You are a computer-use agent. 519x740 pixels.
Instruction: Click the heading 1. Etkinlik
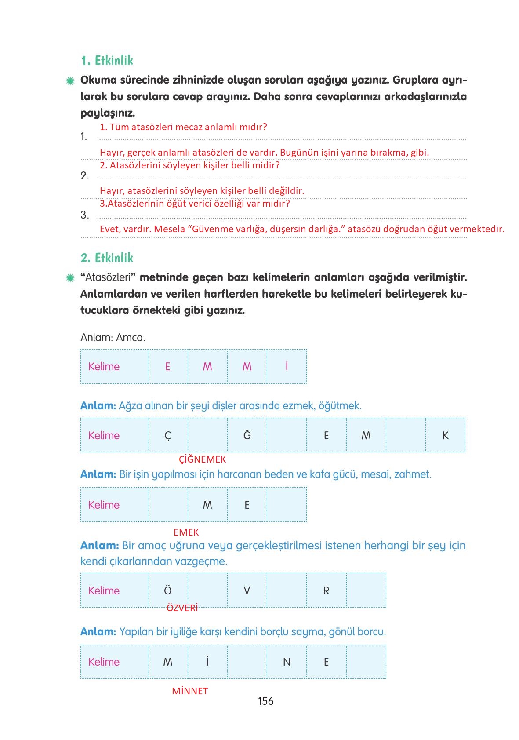point(107,61)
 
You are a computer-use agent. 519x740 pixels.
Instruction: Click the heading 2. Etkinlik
point(107,258)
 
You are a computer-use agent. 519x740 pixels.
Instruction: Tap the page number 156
point(265,701)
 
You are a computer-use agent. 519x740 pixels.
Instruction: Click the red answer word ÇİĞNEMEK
point(202,459)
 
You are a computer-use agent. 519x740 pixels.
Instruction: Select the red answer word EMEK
point(186,532)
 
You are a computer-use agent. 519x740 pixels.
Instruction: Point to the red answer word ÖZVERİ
point(182,608)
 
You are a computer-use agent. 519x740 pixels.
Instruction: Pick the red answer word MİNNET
point(190,691)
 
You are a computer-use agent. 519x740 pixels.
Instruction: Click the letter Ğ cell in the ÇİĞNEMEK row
point(247,435)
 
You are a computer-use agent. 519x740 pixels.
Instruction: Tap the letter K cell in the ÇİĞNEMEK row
point(445,435)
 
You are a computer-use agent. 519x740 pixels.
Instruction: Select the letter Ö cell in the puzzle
point(167,591)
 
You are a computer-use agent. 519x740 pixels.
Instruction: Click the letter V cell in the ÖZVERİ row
point(247,591)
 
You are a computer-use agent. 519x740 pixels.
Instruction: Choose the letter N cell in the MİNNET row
point(287,662)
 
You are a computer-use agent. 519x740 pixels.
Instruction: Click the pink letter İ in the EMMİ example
point(287,366)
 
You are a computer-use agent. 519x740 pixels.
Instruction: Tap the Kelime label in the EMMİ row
point(104,367)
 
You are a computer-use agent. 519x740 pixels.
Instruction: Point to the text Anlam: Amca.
point(113,338)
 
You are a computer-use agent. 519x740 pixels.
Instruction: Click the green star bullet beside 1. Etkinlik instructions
point(70,81)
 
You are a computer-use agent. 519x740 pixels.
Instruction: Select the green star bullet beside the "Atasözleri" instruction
point(70,278)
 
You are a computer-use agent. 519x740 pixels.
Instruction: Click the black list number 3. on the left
point(84,215)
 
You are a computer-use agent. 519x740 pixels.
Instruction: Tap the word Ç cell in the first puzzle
point(167,435)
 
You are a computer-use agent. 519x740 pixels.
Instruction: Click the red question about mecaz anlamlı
point(183,127)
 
